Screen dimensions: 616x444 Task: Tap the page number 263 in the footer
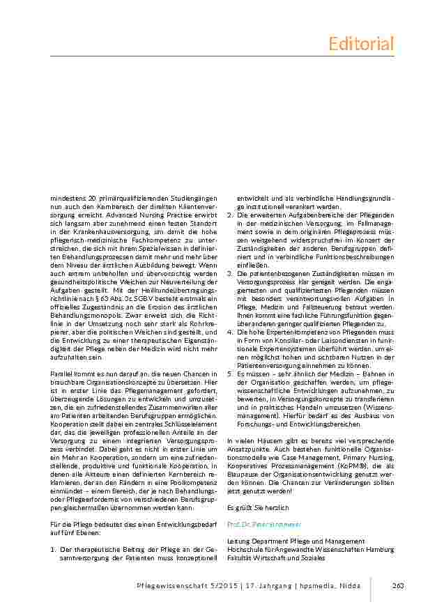tap(399, 585)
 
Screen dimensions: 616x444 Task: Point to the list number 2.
tap(230, 215)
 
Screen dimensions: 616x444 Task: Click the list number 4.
tap(230, 332)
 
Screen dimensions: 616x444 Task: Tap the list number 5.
tap(230, 374)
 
